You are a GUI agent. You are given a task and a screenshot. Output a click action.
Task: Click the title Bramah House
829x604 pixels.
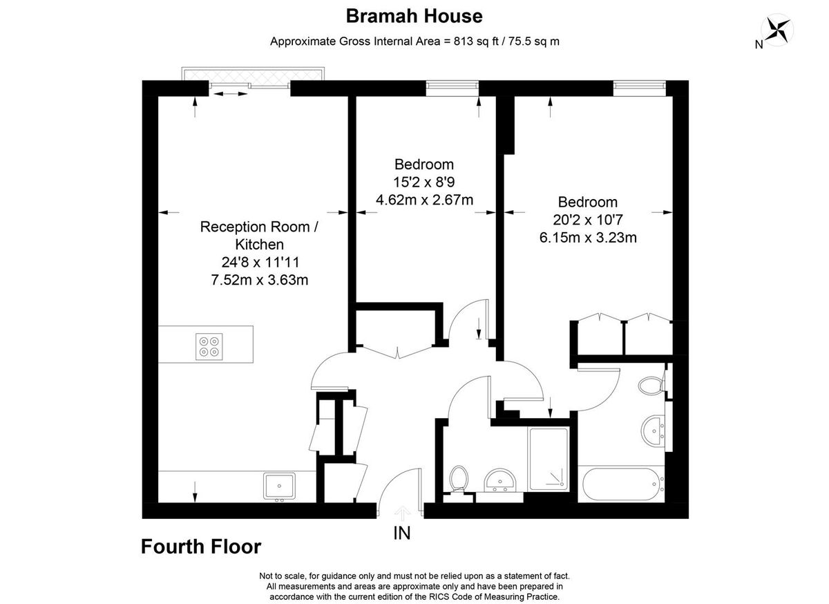tap(414, 15)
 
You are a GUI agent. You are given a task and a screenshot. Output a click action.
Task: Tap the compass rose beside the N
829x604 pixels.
tap(777, 30)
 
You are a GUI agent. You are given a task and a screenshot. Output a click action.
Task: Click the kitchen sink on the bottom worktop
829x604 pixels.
tap(279, 485)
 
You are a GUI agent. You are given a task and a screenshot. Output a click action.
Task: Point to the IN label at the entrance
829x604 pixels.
tap(402, 534)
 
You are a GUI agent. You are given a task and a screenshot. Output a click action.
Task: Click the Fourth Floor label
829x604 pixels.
tap(201, 547)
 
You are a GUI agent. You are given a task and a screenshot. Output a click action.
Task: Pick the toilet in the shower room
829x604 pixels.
tap(458, 478)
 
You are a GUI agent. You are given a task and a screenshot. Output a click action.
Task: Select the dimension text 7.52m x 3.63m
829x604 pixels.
tap(260, 280)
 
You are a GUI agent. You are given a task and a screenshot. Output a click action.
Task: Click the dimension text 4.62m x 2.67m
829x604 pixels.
tap(424, 200)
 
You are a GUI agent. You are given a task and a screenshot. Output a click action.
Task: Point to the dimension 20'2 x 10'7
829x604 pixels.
tap(587, 220)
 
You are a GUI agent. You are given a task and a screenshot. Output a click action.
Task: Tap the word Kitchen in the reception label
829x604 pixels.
tap(259, 244)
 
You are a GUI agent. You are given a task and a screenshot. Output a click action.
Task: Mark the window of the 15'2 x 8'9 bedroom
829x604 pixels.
tap(452, 86)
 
